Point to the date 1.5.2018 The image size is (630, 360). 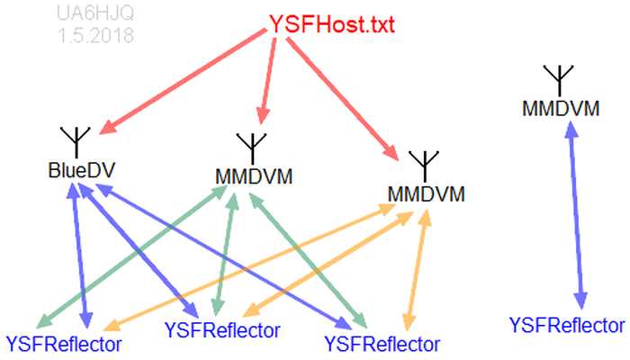coord(94,37)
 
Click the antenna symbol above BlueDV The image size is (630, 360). coord(76,139)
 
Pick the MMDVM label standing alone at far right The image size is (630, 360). coord(561,109)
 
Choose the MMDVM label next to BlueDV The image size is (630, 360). coord(254,175)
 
